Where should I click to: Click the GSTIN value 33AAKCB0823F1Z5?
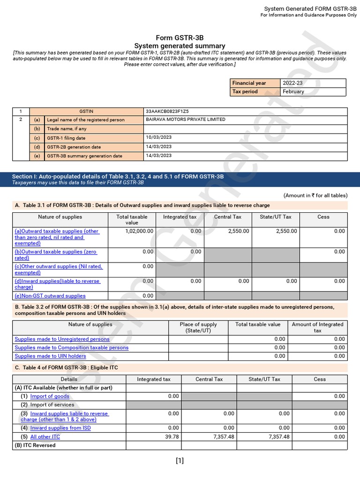click(167, 112)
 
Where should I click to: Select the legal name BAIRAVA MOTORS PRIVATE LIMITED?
click(185, 120)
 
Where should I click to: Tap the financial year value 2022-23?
click(292, 83)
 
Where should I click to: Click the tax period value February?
click(293, 91)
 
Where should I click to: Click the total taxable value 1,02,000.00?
click(139, 231)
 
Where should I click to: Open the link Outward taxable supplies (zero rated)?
click(55, 255)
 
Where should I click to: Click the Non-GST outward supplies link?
click(50, 296)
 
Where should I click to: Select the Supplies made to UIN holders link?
click(50, 356)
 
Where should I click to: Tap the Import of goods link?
click(49, 397)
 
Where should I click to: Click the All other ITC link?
click(45, 437)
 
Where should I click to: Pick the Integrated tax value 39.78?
click(172, 437)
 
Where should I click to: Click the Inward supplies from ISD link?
click(60, 428)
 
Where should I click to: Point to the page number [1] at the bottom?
click(180, 460)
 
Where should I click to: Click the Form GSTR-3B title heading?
click(180, 37)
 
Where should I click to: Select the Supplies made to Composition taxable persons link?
click(71, 348)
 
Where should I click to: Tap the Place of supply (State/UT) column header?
click(198, 327)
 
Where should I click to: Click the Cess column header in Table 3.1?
click(323, 217)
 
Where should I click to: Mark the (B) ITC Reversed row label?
click(35, 445)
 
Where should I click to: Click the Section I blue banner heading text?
click(118, 176)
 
